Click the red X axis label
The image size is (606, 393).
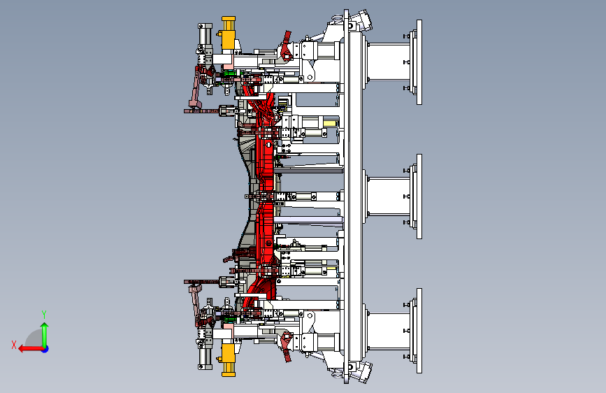(x=14, y=345)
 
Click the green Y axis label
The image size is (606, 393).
(x=44, y=314)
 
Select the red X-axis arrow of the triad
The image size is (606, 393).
(x=31, y=349)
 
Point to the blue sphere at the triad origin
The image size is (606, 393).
(x=45, y=349)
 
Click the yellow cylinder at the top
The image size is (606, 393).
(x=229, y=34)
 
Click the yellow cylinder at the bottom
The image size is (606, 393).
(x=229, y=359)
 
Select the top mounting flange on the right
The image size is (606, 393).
(x=416, y=62)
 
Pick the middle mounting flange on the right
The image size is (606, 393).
(x=416, y=196)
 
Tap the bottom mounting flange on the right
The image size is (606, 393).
(x=416, y=331)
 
